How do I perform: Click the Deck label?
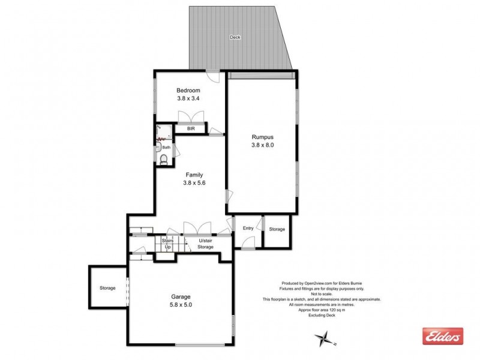(235, 37)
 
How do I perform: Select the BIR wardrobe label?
(191, 128)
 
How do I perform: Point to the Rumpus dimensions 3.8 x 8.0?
(263, 145)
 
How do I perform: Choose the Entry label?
(248, 229)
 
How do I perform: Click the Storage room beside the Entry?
(277, 229)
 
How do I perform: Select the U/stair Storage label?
(206, 244)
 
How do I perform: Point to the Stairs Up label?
(167, 244)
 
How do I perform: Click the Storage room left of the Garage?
(107, 289)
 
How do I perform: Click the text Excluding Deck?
(321, 316)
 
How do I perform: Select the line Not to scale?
(321, 294)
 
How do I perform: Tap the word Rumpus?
(263, 136)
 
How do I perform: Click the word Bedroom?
(188, 90)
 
